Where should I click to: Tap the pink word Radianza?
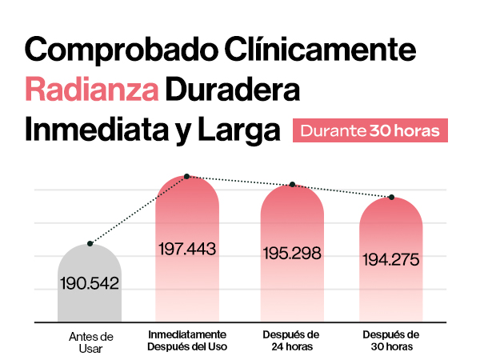90,90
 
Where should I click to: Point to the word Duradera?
232,90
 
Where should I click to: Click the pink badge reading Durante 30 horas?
370,130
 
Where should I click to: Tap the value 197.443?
187,249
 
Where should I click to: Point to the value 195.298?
292,253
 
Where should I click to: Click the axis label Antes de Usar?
91,342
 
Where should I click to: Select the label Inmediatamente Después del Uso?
187,339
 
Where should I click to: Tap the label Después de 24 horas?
292,339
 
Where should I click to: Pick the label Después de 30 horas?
391,339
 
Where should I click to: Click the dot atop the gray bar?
90,243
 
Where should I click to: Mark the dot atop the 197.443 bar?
186,176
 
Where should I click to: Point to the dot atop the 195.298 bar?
293,185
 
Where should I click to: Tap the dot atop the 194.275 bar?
392,197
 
